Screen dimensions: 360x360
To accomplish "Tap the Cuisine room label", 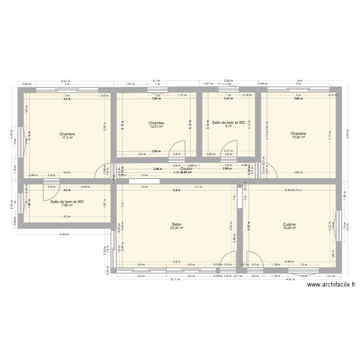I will (x=289, y=224).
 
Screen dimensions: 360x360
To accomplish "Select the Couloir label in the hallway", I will (x=187, y=169).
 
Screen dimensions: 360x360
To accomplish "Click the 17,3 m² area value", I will (x=67, y=138).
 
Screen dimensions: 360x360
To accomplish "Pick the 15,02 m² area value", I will (x=298, y=138).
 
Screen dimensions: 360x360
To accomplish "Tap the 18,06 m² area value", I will (x=289, y=228).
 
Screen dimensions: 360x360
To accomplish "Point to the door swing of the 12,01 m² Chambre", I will (x=178, y=148).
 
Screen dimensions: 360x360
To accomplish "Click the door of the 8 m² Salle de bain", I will (x=229, y=148).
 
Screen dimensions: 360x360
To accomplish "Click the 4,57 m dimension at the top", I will (x=64, y=81).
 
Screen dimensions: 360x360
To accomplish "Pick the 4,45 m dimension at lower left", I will (x=64, y=235).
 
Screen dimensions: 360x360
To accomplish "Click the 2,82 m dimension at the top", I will (x=228, y=81).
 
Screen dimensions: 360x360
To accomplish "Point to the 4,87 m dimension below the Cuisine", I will (x=290, y=279).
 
